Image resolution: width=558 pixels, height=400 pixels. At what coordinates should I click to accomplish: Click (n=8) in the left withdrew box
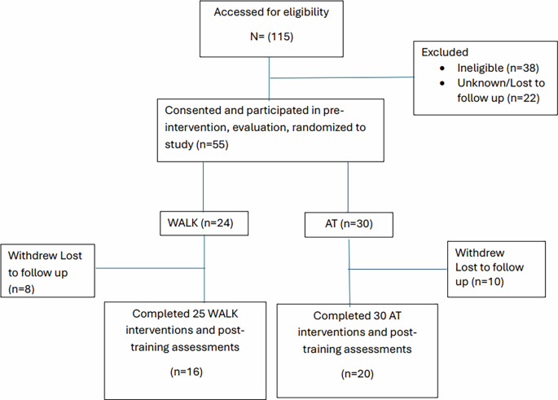coord(21,288)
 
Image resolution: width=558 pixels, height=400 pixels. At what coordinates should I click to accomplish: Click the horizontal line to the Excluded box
coord(342,79)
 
